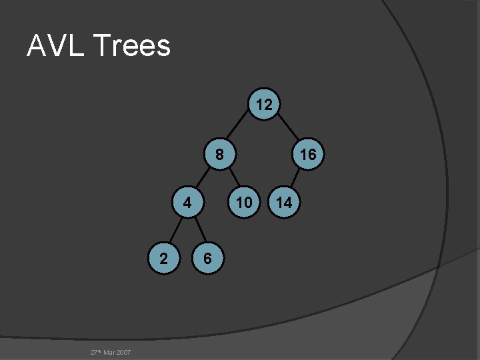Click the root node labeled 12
pyautogui.click(x=264, y=105)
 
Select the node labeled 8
pyautogui.click(x=219, y=155)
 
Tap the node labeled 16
pyautogui.click(x=307, y=155)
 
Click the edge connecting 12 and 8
pyautogui.click(x=241, y=129)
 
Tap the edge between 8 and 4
pyautogui.click(x=203, y=179)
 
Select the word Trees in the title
pyautogui.click(x=133, y=46)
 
